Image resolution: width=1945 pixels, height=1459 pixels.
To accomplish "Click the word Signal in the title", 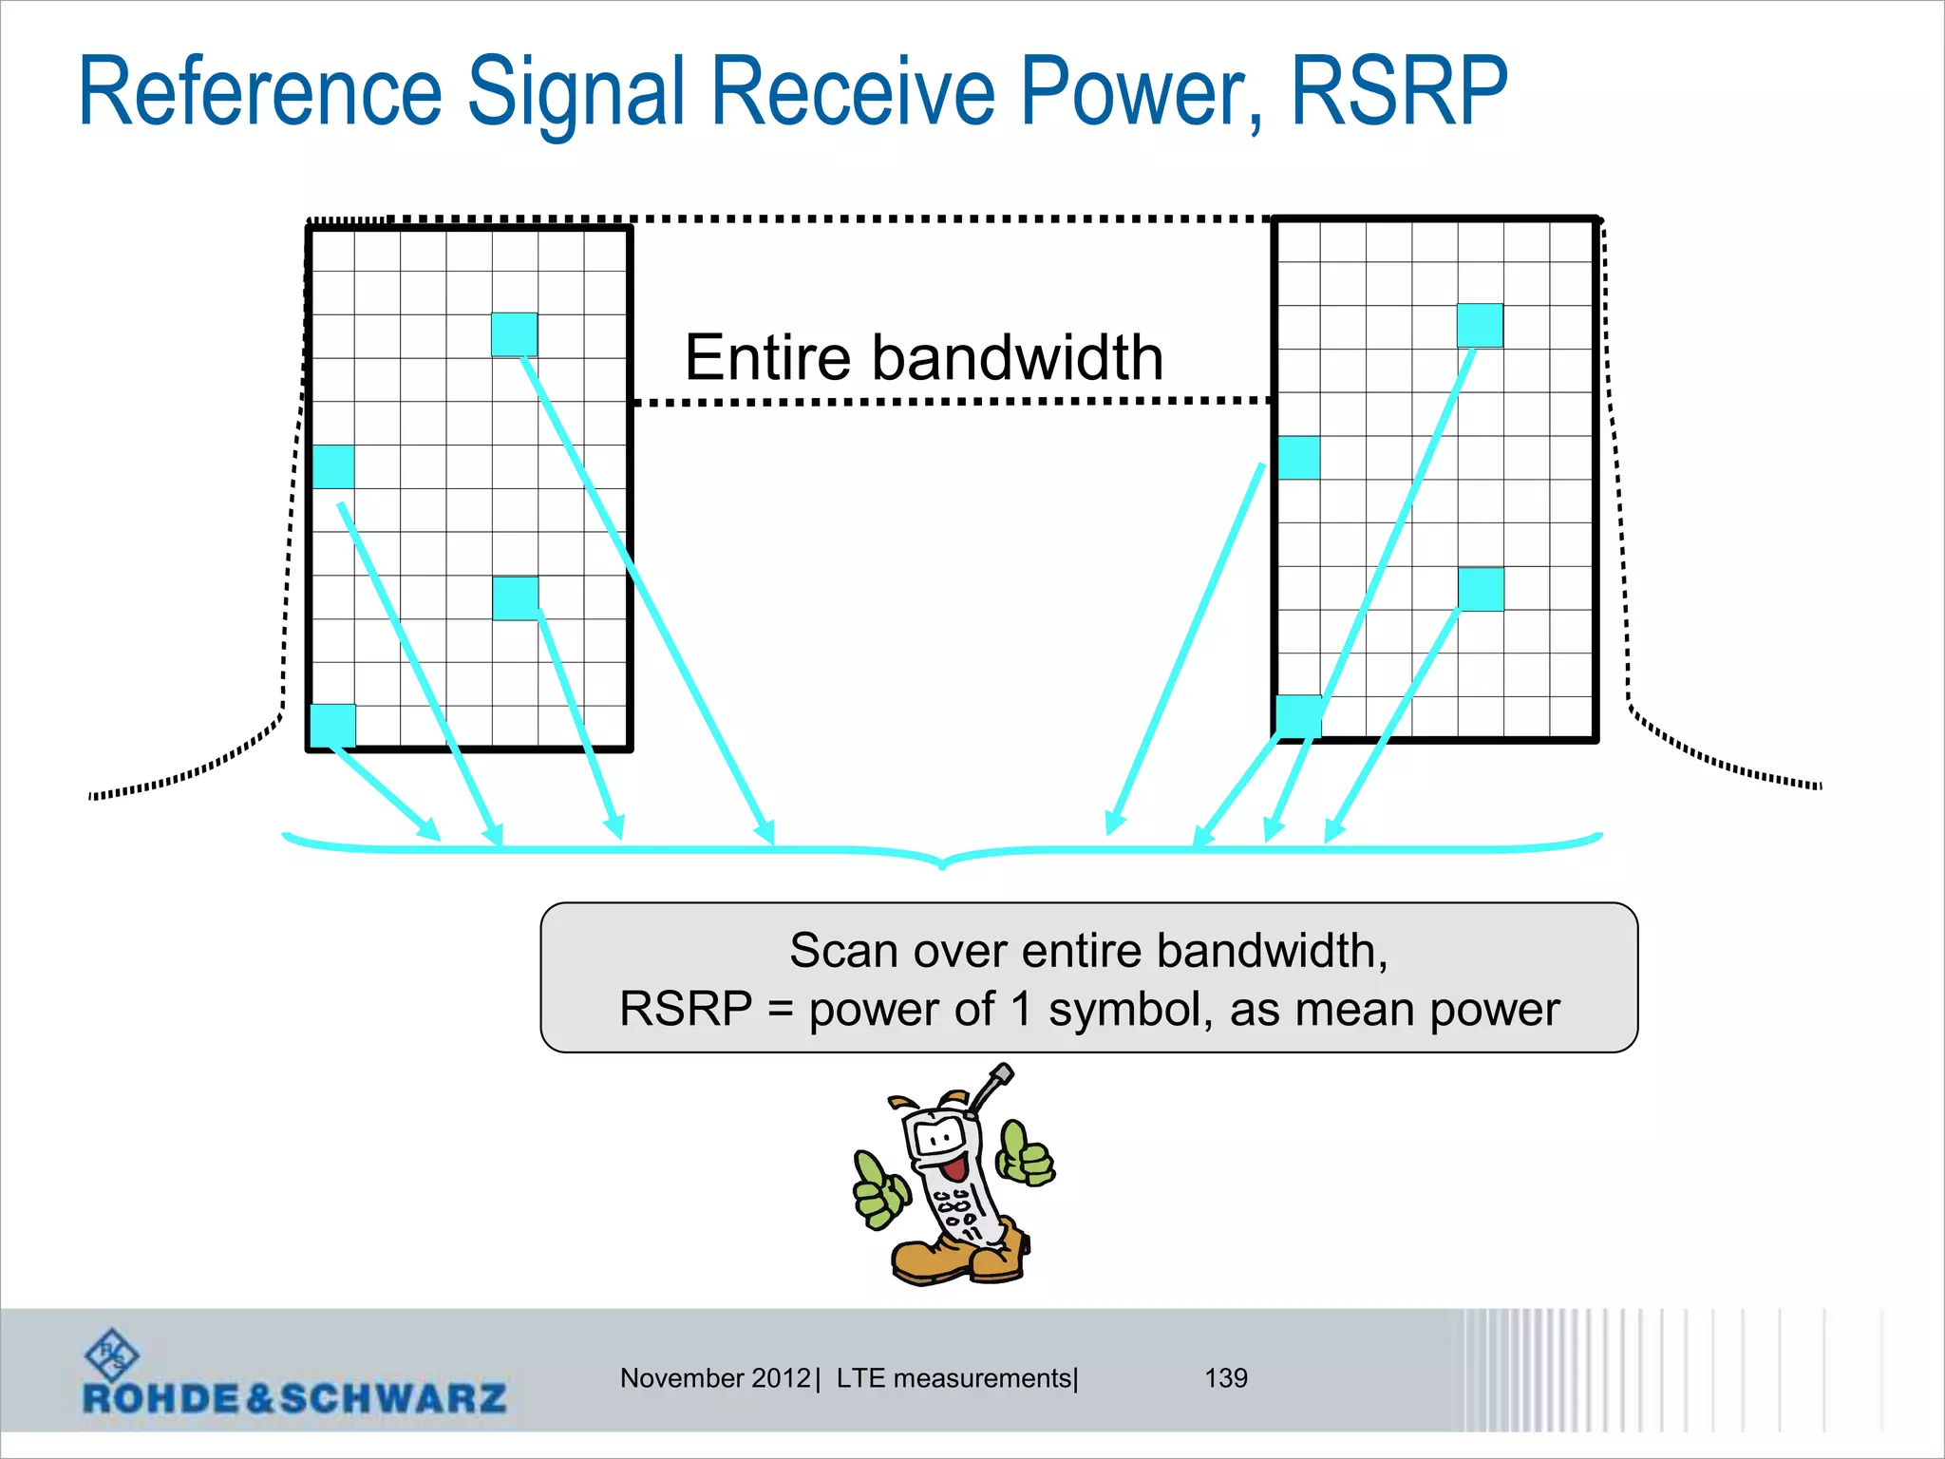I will click(576, 93).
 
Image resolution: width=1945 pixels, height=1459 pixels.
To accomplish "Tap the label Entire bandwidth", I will click(923, 358).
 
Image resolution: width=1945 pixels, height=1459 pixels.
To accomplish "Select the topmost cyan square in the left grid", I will click(515, 334).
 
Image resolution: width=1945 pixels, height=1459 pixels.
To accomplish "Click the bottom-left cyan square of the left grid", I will click(333, 726).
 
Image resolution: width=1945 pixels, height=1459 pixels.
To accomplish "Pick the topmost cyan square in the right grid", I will click(1480, 325).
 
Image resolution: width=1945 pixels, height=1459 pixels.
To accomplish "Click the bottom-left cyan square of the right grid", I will click(1298, 715).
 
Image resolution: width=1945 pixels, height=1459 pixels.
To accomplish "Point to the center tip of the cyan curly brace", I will click(942, 864).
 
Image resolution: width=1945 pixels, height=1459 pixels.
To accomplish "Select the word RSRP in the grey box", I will click(686, 1009).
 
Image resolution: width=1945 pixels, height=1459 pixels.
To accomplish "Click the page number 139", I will click(1226, 1377).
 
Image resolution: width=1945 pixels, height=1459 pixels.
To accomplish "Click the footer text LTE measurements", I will click(954, 1377).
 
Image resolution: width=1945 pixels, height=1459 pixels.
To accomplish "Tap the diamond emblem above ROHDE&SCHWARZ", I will click(112, 1355).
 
